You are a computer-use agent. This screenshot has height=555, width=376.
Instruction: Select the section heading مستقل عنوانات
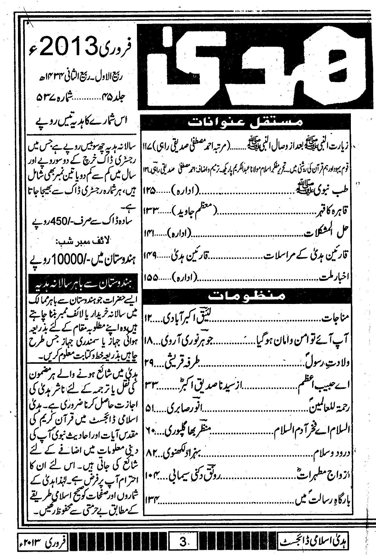click(246, 121)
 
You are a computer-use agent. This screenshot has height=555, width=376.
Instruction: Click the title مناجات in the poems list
click(336, 320)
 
